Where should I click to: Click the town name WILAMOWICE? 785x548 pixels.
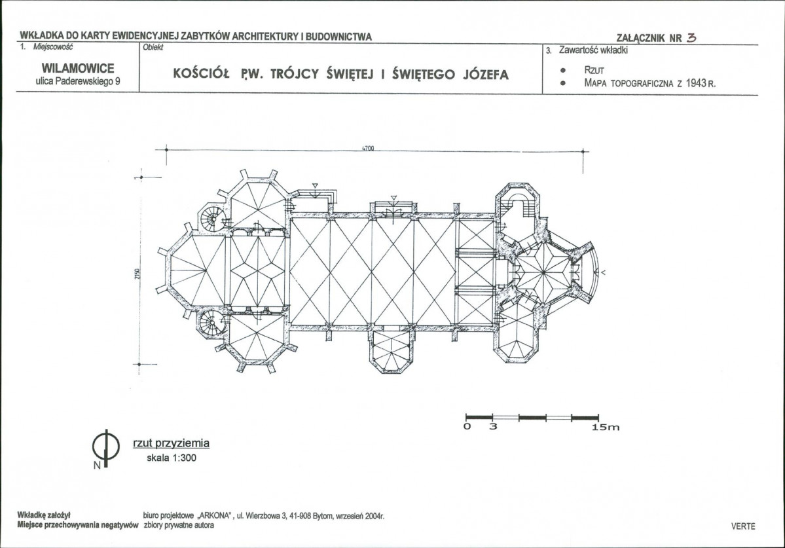[78, 68]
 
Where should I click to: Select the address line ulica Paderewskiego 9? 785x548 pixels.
[78, 82]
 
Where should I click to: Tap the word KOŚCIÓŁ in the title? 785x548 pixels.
[201, 75]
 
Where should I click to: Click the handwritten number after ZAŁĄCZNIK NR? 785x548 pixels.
[692, 37]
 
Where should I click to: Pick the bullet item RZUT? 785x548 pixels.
[594, 71]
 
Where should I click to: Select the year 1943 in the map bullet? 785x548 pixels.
[697, 83]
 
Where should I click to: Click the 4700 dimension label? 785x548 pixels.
[368, 148]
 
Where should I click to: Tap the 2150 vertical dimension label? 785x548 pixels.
[137, 274]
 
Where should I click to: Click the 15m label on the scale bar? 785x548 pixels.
[606, 427]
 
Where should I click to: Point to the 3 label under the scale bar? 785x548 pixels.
[493, 426]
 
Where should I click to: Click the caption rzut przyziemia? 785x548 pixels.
[172, 443]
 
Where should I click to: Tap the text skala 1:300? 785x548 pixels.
[172, 458]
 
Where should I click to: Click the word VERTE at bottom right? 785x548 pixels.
[743, 526]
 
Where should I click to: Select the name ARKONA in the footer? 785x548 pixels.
[216, 516]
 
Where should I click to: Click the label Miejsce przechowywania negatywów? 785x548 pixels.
[78, 526]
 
